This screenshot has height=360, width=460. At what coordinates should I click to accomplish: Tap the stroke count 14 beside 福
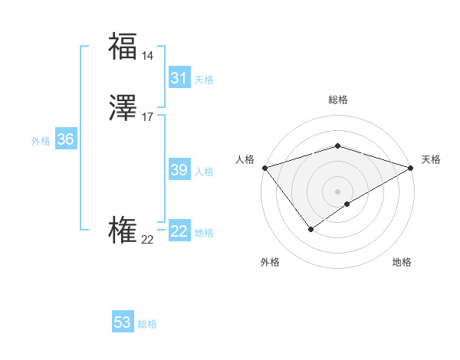point(148,56)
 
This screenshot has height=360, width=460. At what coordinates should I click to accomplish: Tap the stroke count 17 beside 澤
point(148,117)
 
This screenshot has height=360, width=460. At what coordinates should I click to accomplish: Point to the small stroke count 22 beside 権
point(147,240)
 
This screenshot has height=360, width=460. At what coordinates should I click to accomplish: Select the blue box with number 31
point(179,78)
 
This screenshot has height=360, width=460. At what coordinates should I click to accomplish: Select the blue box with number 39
point(179,170)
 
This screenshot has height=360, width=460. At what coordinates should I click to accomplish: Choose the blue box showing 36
point(65,139)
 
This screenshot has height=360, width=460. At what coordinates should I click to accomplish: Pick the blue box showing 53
point(123,322)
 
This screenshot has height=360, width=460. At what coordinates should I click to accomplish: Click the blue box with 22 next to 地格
point(179,231)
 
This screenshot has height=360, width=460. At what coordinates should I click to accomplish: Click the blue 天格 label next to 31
point(204,80)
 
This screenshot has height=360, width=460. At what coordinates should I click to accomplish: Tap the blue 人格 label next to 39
point(205,172)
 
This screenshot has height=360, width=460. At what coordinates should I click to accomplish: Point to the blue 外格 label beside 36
point(41,141)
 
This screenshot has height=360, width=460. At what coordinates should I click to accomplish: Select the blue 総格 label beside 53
point(147,324)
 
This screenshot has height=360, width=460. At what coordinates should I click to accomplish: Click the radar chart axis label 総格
point(337,100)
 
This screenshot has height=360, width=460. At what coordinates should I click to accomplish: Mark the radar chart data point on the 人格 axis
point(264,168)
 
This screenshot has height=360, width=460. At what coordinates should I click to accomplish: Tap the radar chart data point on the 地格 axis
point(347,204)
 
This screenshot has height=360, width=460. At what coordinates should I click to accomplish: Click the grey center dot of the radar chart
point(337,191)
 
